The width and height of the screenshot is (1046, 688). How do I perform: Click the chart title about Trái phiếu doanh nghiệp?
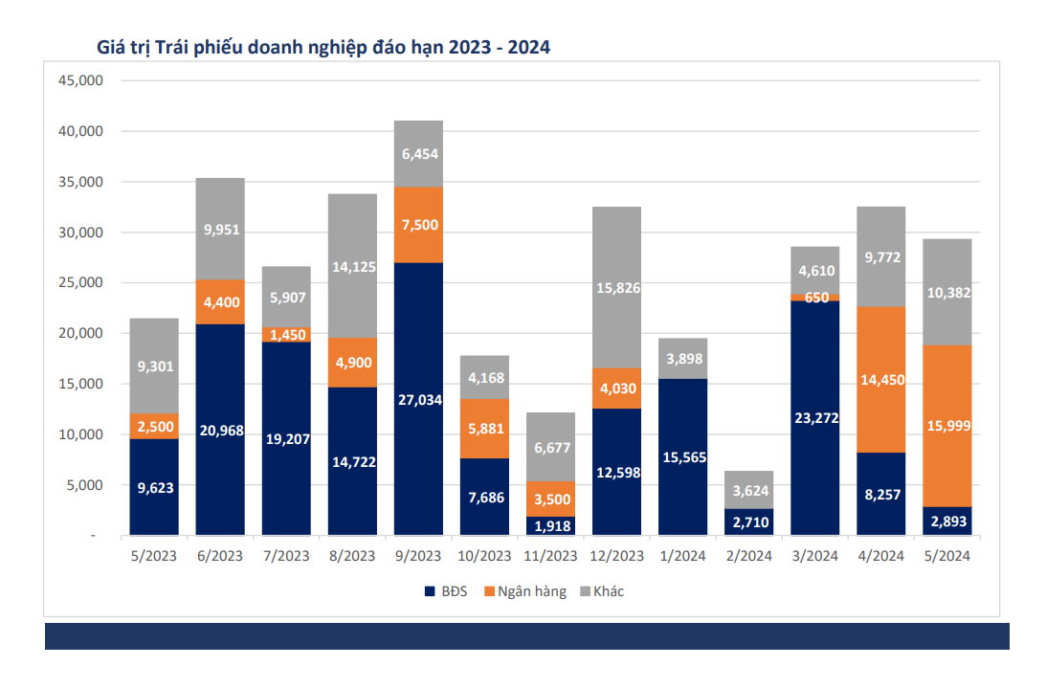point(323,46)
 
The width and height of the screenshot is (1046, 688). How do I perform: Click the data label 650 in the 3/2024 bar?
point(815,298)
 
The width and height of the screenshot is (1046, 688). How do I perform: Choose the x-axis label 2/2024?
point(749,556)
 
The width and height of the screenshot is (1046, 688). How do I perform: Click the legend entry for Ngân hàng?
point(525,591)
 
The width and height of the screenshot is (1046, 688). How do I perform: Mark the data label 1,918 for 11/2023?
point(550,524)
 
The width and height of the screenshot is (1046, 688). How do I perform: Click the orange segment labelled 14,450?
point(881,379)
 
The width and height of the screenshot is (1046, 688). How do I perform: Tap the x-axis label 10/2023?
point(484,556)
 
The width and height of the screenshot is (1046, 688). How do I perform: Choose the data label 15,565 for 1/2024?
point(683,458)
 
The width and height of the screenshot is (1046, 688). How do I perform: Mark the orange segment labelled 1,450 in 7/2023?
point(286,334)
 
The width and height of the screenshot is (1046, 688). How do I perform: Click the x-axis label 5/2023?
point(154,556)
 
